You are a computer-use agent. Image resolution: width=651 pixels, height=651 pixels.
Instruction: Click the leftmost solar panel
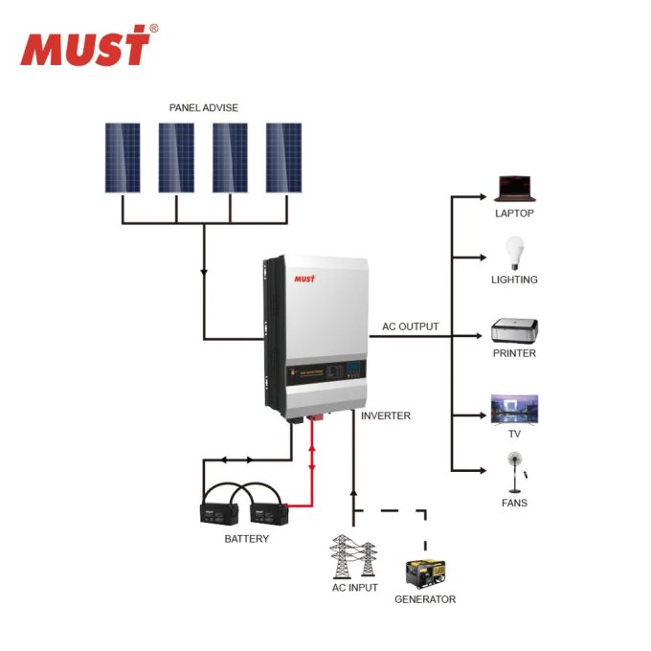click(x=123, y=158)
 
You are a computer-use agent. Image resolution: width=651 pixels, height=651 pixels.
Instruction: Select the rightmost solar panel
click(x=283, y=158)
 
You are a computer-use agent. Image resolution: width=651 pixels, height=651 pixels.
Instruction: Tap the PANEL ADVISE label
click(x=203, y=108)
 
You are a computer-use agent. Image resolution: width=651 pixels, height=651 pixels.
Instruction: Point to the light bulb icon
click(x=514, y=252)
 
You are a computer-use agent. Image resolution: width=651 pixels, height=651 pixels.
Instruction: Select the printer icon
click(x=514, y=330)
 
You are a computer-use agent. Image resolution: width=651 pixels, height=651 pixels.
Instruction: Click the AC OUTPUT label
click(x=411, y=326)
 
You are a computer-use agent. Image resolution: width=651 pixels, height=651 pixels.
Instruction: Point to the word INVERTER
click(x=386, y=415)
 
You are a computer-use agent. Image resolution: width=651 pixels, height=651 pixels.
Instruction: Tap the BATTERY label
click(x=246, y=539)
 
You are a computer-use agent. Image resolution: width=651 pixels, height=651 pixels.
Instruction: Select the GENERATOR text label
click(x=425, y=599)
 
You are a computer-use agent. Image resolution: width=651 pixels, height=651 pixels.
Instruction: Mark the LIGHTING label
click(x=514, y=280)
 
